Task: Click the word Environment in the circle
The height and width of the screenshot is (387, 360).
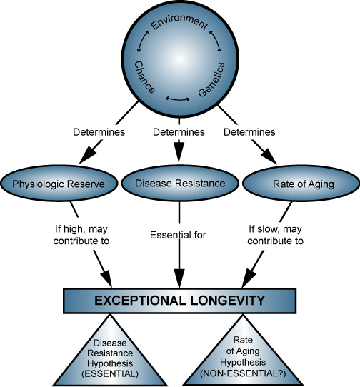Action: click(x=179, y=24)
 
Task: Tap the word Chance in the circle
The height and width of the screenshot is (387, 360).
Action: click(x=145, y=77)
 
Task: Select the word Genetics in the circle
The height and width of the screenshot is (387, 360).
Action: click(x=211, y=79)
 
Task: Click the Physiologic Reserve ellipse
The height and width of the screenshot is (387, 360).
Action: click(x=59, y=184)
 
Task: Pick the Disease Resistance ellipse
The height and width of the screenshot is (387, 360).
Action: click(x=180, y=184)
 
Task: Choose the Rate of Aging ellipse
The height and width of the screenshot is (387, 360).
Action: click(x=301, y=184)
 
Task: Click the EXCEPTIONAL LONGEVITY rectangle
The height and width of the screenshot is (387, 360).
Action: click(x=180, y=301)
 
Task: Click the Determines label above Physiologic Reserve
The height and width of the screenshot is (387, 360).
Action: click(x=99, y=132)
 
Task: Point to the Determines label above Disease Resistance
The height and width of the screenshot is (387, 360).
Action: click(x=179, y=132)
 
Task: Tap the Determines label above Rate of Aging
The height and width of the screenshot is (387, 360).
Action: click(x=249, y=132)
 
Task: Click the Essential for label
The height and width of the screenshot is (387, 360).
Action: click(x=178, y=235)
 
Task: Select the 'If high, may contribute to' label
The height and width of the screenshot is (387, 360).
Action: click(x=81, y=235)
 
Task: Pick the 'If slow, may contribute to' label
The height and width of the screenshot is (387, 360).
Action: click(x=275, y=235)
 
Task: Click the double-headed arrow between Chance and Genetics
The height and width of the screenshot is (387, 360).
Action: click(x=178, y=100)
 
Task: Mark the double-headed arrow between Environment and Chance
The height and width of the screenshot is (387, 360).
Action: click(x=142, y=41)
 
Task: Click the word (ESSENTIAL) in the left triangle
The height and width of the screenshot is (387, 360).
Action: click(x=110, y=373)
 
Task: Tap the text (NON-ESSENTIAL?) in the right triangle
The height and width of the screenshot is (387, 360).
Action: click(x=243, y=373)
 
